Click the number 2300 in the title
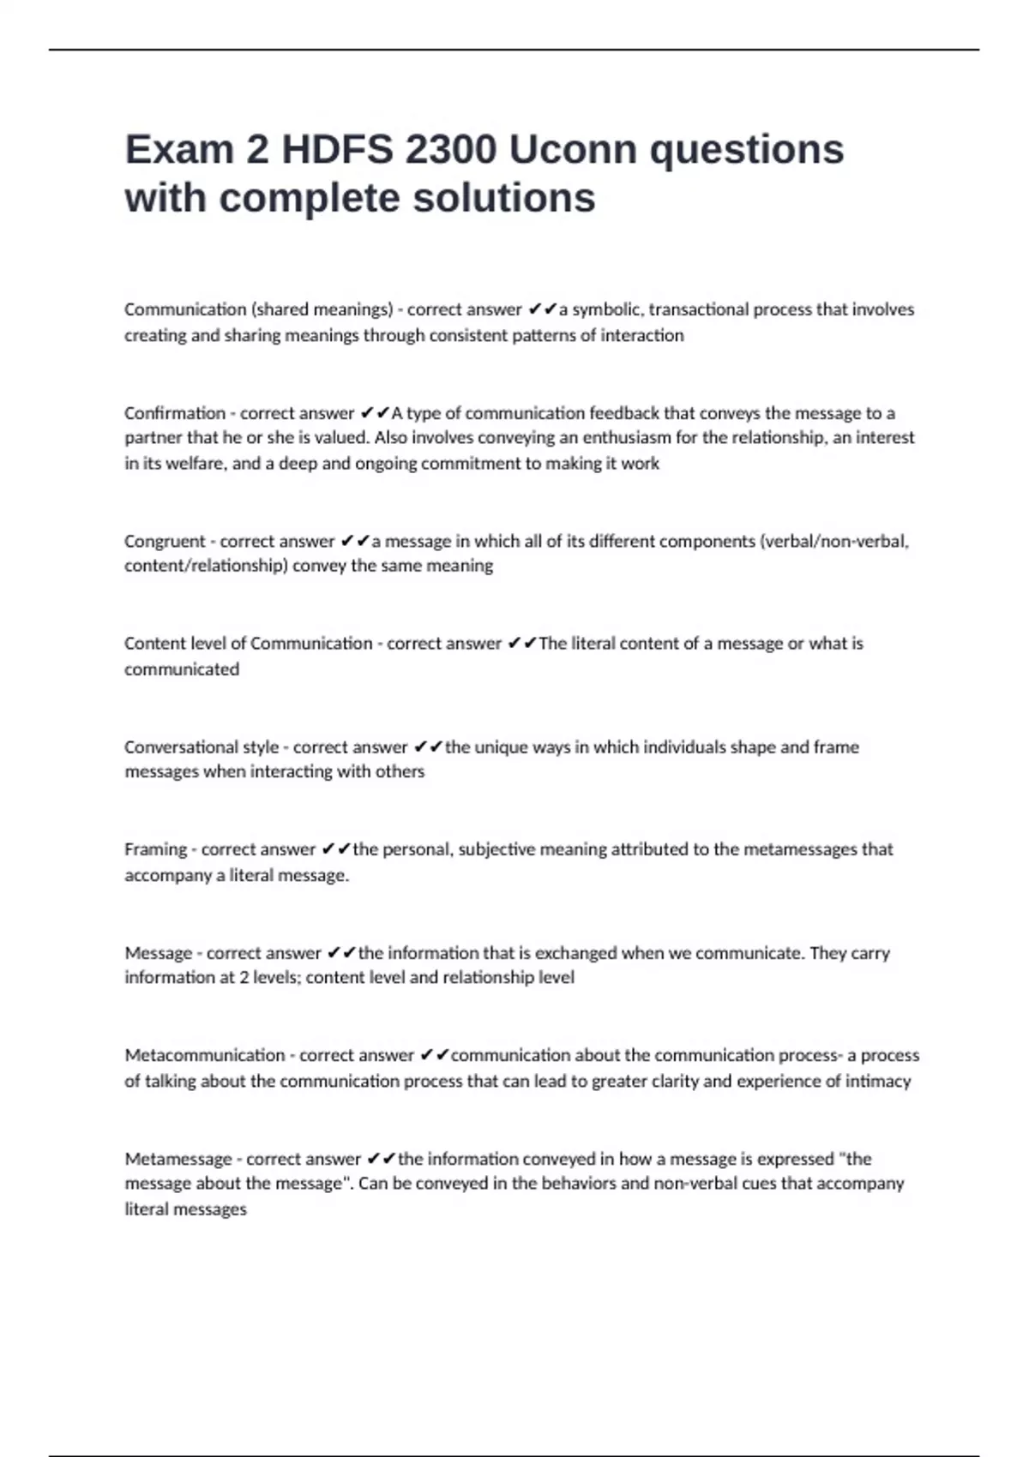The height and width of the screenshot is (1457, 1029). point(450,150)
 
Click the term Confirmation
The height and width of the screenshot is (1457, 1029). point(175,413)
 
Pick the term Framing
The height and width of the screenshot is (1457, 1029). point(155,849)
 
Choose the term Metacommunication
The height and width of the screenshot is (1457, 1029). point(205,1055)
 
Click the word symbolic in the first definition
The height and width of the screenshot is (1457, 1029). point(606,309)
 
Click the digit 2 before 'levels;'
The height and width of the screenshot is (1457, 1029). point(244,978)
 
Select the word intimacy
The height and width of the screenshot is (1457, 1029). point(879,1082)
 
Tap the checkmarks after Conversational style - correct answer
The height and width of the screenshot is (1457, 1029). point(428,747)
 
